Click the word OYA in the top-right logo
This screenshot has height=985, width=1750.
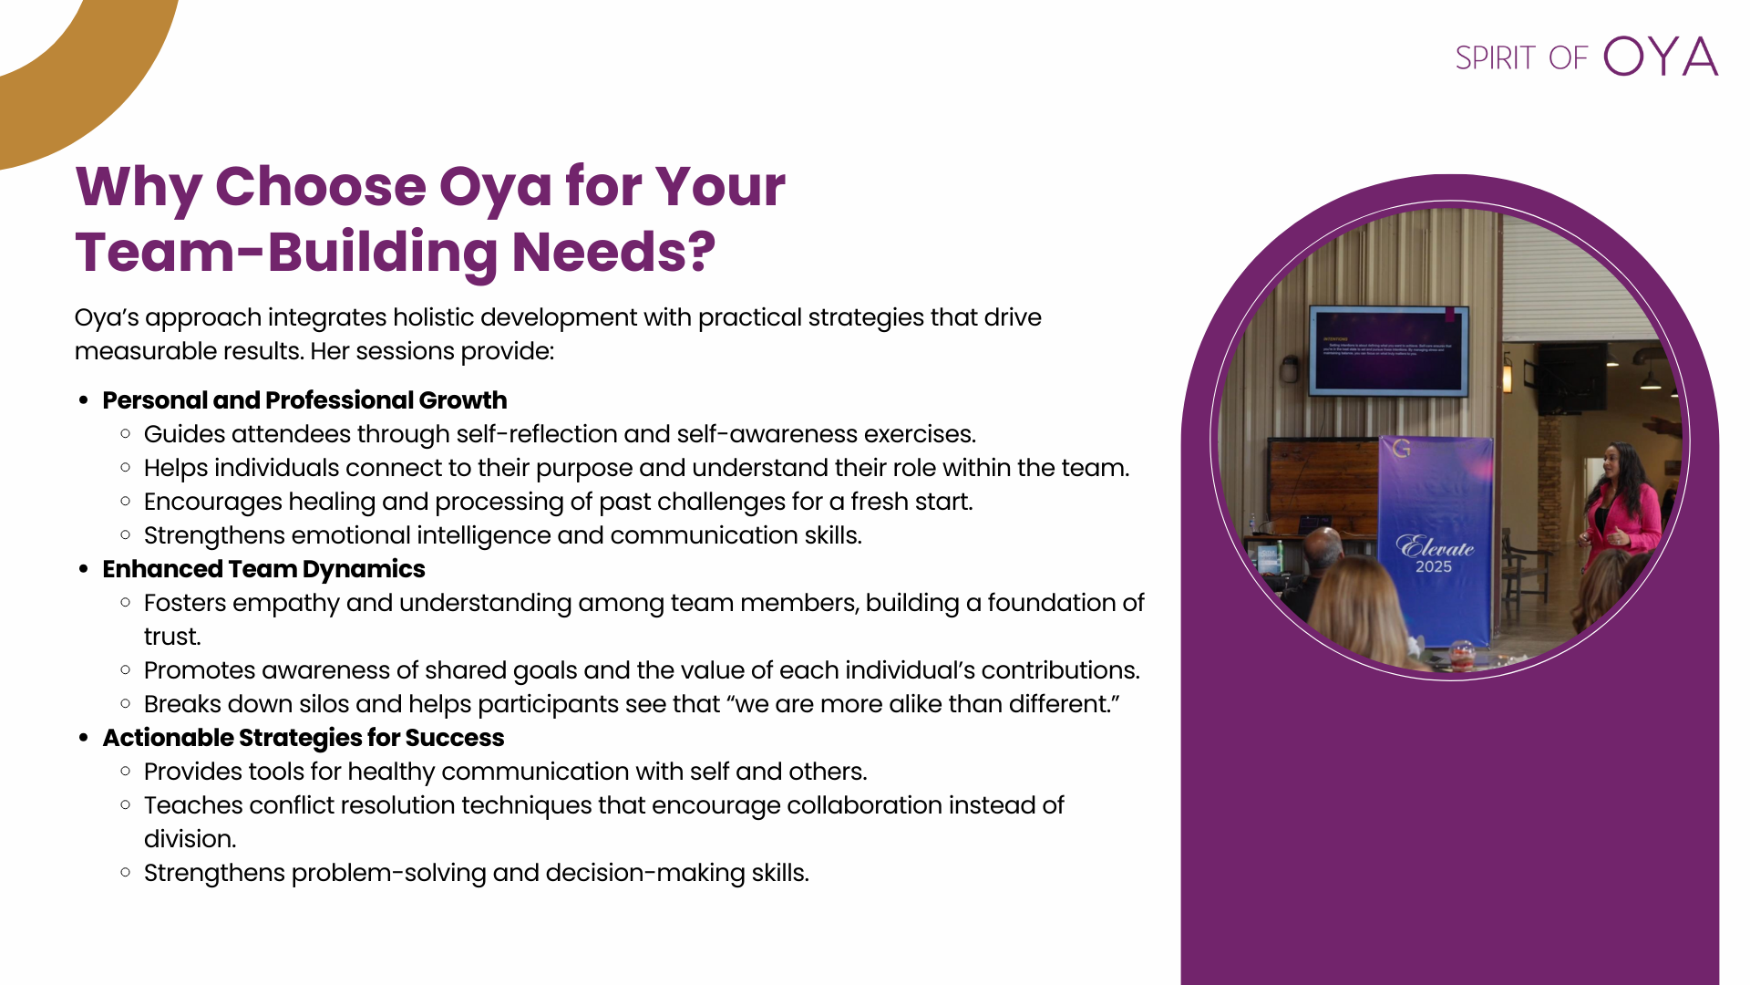click(x=1661, y=57)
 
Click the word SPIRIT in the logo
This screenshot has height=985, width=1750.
click(x=1496, y=58)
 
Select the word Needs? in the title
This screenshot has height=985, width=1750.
click(x=613, y=252)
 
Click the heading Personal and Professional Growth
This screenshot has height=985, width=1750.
click(x=304, y=400)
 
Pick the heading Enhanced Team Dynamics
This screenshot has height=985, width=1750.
click(x=263, y=569)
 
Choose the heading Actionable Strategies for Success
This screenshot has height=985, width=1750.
click(x=304, y=738)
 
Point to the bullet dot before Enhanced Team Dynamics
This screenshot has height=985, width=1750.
click(x=84, y=569)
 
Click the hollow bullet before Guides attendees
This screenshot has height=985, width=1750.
click(x=126, y=433)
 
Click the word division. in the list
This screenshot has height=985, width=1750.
click(x=190, y=839)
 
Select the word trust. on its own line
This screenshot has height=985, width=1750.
click(x=172, y=637)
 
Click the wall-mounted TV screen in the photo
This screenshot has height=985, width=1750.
click(x=1389, y=351)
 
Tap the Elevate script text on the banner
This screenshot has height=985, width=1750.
click(x=1436, y=546)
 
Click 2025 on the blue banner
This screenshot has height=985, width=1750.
click(x=1434, y=567)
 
